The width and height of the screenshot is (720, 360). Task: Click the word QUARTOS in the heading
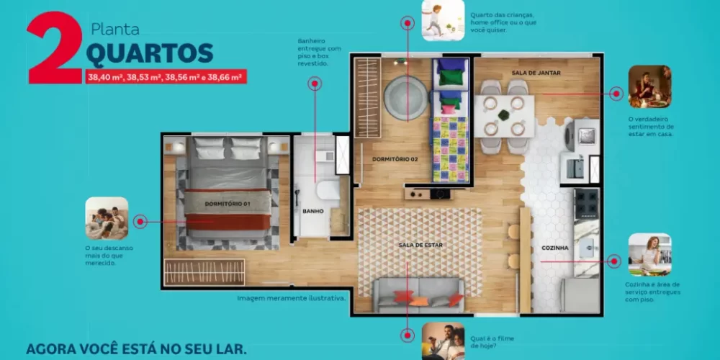tap(150, 53)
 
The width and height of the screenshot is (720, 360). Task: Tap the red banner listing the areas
tap(166, 77)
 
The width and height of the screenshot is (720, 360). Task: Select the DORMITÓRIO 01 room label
tap(228, 204)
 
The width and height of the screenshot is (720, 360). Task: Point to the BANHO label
tap(312, 211)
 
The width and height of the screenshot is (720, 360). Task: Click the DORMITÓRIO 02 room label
tap(395, 159)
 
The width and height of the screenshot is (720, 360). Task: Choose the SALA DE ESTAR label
tap(420, 246)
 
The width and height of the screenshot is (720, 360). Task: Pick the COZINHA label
tap(554, 248)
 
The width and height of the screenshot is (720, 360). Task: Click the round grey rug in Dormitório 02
tap(406, 98)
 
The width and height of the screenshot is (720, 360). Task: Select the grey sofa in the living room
tap(418, 295)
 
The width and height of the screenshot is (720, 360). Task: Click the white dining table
tap(504, 116)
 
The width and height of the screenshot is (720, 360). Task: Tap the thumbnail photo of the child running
tap(443, 20)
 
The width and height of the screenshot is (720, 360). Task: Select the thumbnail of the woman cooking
tap(649, 254)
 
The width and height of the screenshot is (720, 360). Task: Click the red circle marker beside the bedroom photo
tap(140, 221)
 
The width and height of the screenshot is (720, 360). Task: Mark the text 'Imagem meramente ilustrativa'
tap(291, 299)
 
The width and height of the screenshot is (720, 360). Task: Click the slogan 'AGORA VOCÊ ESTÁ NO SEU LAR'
tap(136, 348)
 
